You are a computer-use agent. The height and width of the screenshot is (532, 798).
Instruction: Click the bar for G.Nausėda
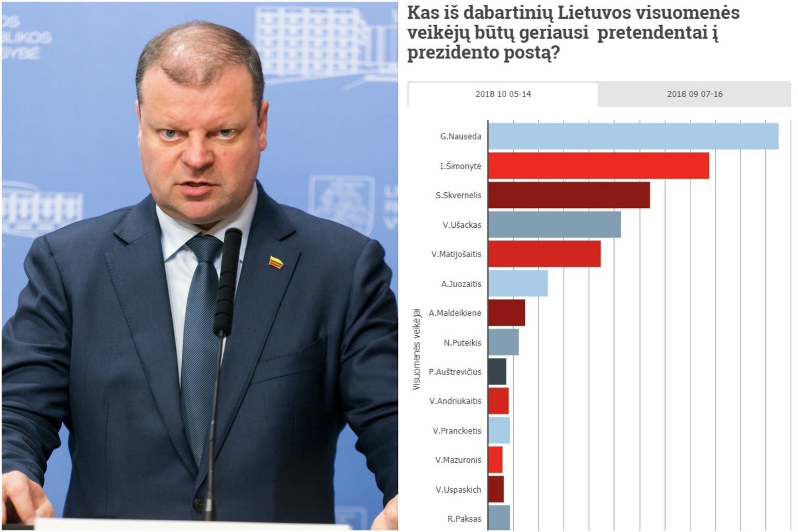[633, 136]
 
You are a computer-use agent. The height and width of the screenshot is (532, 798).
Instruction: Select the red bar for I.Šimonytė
[598, 166]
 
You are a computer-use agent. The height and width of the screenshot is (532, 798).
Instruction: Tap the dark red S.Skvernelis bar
[569, 195]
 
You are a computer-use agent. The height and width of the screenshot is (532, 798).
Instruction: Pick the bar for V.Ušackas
[554, 224]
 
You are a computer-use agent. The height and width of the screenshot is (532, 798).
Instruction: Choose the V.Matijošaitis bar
[544, 254]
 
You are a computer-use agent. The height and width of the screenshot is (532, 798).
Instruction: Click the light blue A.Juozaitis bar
[518, 283]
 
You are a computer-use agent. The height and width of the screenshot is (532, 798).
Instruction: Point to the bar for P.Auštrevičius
[497, 371]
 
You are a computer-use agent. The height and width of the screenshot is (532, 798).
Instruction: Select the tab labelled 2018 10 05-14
[503, 94]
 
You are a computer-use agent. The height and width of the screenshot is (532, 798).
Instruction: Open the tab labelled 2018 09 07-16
[694, 94]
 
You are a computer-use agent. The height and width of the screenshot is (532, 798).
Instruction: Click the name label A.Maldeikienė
[455, 313]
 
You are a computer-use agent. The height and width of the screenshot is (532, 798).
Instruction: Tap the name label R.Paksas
[464, 519]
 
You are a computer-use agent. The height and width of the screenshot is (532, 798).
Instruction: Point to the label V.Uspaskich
[458, 489]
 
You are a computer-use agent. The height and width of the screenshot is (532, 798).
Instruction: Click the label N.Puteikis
[462, 342]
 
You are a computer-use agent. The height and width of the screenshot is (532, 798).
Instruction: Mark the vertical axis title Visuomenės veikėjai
[417, 349]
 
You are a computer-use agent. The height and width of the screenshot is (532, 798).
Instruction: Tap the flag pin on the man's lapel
[275, 262]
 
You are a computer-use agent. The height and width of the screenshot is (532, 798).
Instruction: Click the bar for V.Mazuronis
[495, 459]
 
